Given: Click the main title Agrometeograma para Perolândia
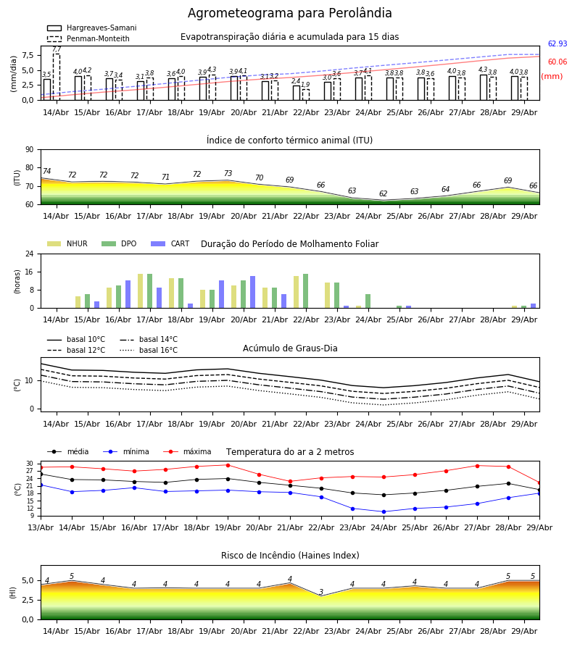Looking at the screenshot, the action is coord(289,13).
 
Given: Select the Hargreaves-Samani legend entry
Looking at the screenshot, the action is coord(91,28).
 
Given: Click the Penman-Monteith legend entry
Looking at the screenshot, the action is coord(88,38).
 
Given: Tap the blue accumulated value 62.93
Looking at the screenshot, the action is coord(558,43).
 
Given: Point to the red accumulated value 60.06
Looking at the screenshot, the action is coord(558,62).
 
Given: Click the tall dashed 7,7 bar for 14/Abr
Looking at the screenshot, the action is coord(56,77).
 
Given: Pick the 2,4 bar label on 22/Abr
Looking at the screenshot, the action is coord(295,81).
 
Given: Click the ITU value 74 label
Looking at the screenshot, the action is coord(46,171).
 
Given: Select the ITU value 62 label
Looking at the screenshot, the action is coord(383,193).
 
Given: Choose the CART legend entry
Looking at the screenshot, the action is coord(170,243).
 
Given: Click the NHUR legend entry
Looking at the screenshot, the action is coord(67,243).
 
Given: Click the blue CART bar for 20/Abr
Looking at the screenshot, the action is coord(252,292).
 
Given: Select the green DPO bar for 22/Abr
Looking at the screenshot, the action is coord(306,291).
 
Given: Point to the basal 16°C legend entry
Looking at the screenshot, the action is coord(149,350).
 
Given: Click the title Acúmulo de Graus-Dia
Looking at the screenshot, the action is coord(290,348).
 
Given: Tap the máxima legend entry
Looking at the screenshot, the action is coord(187,451).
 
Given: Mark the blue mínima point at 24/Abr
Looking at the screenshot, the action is coord(384,512).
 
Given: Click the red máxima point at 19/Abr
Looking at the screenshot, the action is coord(228,465).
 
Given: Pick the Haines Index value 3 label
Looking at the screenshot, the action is coord(321,592).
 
